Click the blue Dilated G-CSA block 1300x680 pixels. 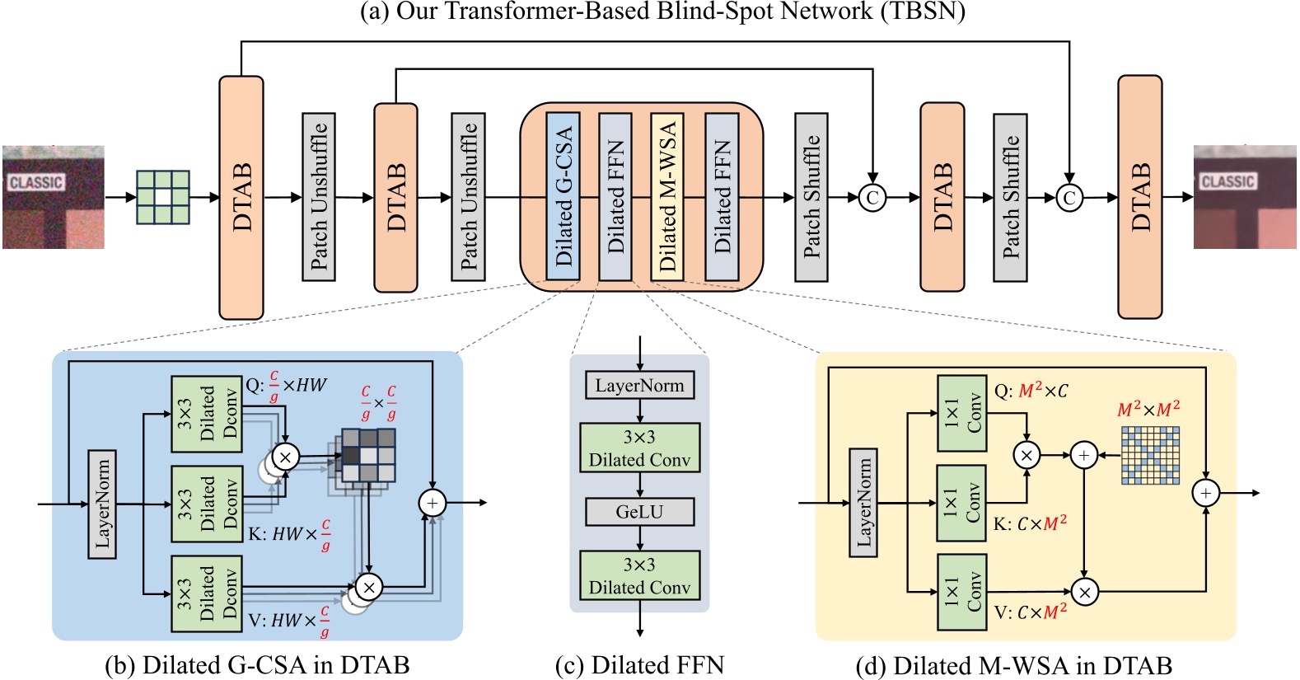(563, 197)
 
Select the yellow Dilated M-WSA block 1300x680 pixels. (667, 197)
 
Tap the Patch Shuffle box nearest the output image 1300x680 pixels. (1010, 197)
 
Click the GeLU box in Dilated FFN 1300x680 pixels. (639, 512)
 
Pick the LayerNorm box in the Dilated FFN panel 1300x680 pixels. (639, 385)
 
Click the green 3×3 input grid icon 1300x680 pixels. (162, 197)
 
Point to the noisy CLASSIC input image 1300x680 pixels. (53, 197)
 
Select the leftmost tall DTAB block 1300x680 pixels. (241, 197)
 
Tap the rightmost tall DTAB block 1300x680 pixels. (1139, 197)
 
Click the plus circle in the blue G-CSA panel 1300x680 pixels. (433, 502)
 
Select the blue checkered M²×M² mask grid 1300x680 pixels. (1150, 455)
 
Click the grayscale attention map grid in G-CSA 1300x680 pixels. (368, 456)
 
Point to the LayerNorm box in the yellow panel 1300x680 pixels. (863, 502)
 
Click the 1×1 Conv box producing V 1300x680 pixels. (961, 592)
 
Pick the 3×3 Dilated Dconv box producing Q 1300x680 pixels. (207, 414)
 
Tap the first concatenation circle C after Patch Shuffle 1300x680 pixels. (872, 197)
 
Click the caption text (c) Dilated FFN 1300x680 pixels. (639, 664)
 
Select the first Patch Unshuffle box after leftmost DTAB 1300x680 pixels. (318, 197)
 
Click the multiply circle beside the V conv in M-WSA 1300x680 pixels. (1084, 591)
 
